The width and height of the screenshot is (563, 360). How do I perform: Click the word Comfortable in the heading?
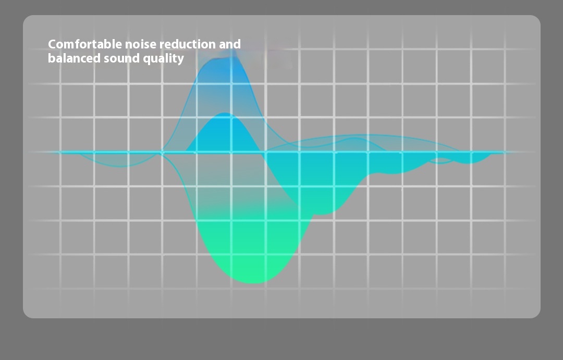pyautogui.click(x=85, y=44)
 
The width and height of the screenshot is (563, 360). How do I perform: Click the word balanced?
pyautogui.click(x=74, y=58)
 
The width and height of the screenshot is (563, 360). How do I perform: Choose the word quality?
pyautogui.click(x=163, y=59)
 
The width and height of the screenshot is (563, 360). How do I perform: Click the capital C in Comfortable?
pyautogui.click(x=53, y=44)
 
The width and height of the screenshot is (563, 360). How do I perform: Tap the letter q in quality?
pyautogui.click(x=146, y=60)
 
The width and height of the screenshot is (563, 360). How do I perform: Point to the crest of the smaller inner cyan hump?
pyautogui.click(x=226, y=114)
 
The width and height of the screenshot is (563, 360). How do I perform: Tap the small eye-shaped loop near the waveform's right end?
pyautogui.click(x=441, y=160)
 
